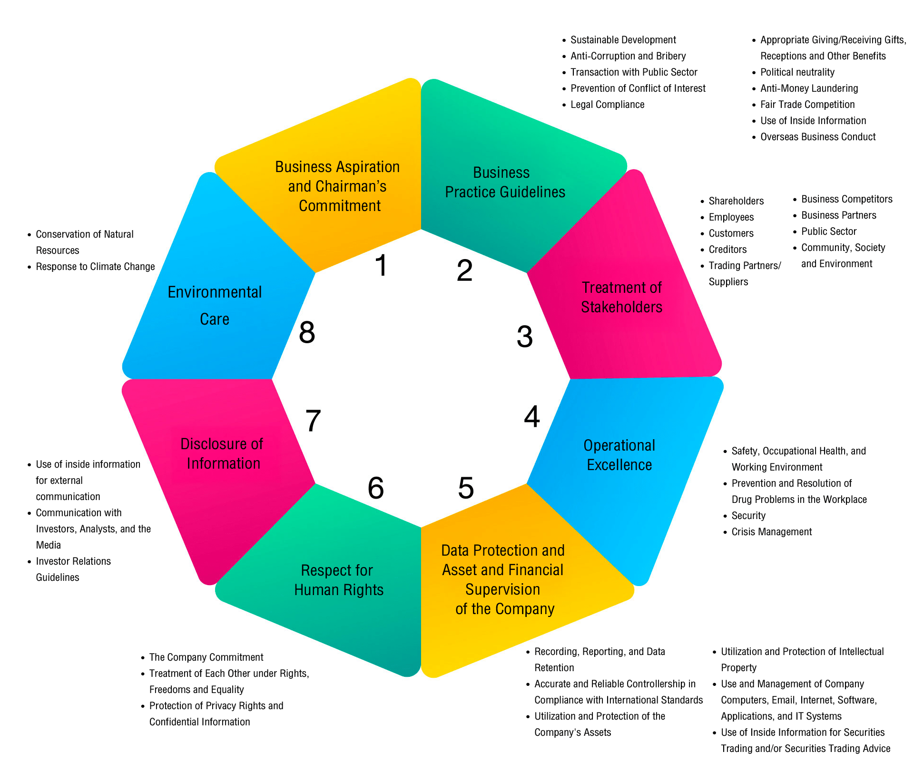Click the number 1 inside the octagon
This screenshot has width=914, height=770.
pos(381,265)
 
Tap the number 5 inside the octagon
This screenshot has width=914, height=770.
pos(466,488)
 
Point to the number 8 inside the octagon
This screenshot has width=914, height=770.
pos(307,332)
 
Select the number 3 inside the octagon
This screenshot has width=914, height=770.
pos(524,337)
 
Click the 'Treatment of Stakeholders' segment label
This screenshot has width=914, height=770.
pos(621,297)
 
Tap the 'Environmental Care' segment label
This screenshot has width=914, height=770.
pos(215,305)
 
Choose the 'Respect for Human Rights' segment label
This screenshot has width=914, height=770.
pos(338,580)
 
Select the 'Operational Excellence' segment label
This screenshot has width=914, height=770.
pos(619,455)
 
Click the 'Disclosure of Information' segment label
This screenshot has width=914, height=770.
pos(222,453)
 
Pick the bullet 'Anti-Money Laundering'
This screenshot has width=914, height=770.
pos(809,88)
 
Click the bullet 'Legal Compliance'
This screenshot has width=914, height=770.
pos(607,105)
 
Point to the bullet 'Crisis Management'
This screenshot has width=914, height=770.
pos(771,532)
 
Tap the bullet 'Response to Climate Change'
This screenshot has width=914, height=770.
pos(95,267)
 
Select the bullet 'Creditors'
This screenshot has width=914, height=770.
pos(727,250)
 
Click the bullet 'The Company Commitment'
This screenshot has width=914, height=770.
pos(206,657)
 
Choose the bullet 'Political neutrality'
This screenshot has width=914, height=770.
pos(797,72)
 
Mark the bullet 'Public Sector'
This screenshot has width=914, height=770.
pos(828,231)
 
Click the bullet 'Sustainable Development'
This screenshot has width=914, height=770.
pos(623,40)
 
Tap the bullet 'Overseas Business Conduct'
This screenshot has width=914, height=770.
pos(817,137)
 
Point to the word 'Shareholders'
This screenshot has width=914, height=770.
pos(736,201)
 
